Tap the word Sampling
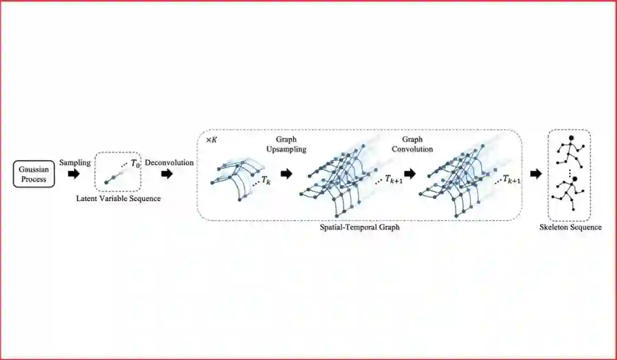tap(74, 163)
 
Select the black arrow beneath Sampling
tap(74, 174)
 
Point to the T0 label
tap(135, 163)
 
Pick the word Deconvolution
tap(169, 163)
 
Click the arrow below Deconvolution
tap(167, 174)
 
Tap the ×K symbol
tap(211, 140)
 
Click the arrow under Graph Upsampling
tap(286, 174)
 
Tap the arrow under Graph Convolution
tap(409, 174)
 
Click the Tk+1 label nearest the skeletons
tap(511, 181)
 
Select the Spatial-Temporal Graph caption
tap(359, 227)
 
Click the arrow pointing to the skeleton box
tap(535, 174)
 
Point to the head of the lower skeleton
tap(575, 179)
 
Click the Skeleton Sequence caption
tap(570, 227)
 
